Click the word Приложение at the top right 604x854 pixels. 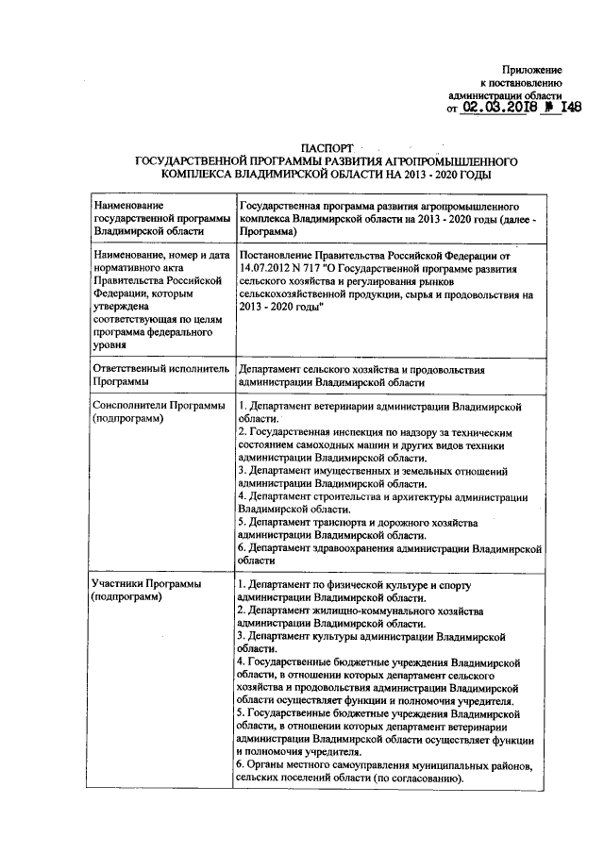coord(533,70)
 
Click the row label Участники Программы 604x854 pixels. coord(146,591)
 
